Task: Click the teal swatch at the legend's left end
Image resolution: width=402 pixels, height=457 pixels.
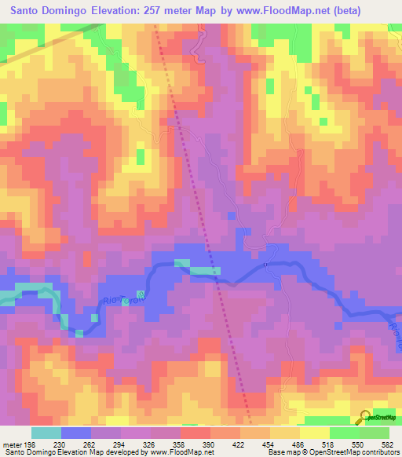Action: tap(46, 433)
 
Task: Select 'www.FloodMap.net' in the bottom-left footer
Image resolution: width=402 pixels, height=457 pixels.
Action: tap(172, 452)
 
